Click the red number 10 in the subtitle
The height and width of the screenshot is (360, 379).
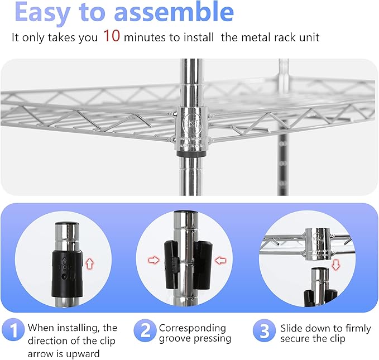click(x=111, y=37)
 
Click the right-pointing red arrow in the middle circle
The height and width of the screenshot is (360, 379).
click(x=155, y=259)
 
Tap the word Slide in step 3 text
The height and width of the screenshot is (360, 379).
click(x=293, y=328)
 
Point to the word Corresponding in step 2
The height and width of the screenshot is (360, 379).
click(x=192, y=328)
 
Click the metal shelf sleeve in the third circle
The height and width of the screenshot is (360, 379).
click(x=319, y=244)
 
